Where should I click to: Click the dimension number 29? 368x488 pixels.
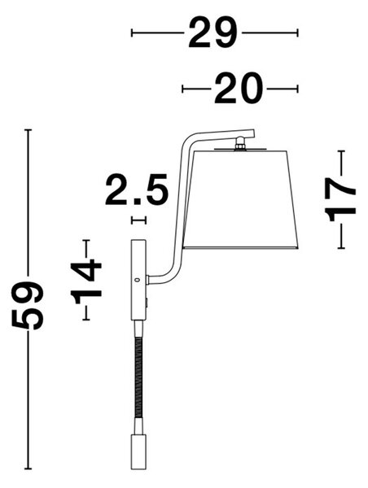(212, 33)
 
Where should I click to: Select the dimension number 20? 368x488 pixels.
(239, 89)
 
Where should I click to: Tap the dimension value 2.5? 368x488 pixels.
(137, 190)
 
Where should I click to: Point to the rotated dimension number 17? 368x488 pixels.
(340, 199)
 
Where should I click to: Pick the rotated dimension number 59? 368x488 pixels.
(28, 306)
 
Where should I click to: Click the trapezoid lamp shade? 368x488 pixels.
(239, 199)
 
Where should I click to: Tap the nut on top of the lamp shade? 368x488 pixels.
(240, 143)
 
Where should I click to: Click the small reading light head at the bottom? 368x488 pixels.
(138, 452)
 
